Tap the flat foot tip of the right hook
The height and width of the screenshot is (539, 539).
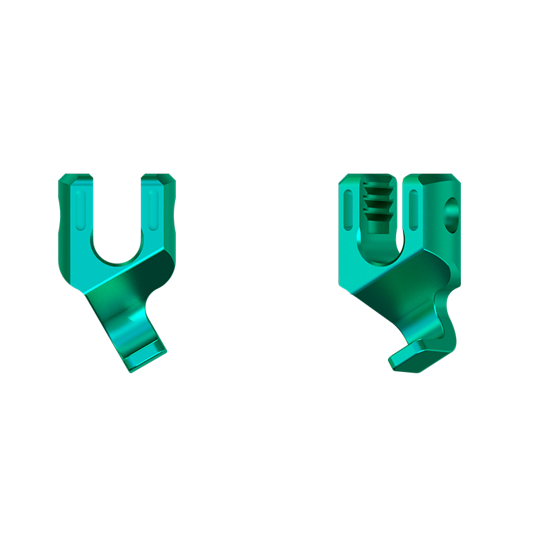tap(412, 357)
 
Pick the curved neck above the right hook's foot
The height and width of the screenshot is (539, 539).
tap(447, 317)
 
